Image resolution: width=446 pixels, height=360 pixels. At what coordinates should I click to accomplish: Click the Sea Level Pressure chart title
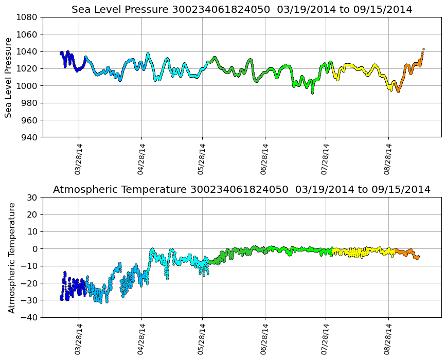pyautogui.click(x=242, y=10)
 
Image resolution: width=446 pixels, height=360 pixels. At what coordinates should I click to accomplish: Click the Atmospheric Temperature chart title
pyautogui.click(x=242, y=190)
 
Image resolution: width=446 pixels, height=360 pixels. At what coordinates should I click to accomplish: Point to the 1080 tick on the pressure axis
pyautogui.click(x=28, y=17)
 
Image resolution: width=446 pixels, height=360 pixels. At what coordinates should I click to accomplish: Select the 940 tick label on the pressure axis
pyautogui.click(x=30, y=137)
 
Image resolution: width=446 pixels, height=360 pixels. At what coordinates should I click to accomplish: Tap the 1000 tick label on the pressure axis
pyautogui.click(x=28, y=86)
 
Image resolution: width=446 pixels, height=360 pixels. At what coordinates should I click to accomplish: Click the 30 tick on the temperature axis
pyautogui.click(x=33, y=197)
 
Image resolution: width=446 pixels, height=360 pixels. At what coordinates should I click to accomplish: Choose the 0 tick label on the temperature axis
pyautogui.click(x=35, y=249)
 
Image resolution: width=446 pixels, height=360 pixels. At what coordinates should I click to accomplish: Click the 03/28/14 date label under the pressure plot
pyautogui.click(x=79, y=159)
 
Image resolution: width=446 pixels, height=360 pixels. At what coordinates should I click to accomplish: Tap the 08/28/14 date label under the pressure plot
pyautogui.click(x=388, y=159)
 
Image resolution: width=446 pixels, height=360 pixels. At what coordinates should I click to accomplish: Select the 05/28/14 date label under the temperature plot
pyautogui.click(x=202, y=339)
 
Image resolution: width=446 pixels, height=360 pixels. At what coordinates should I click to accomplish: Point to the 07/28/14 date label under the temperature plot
pyautogui.click(x=326, y=339)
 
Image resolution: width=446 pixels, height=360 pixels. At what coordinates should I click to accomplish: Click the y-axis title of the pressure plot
pyautogui.click(x=9, y=77)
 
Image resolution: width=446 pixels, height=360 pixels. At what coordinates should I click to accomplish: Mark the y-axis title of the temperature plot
pyautogui.click(x=12, y=257)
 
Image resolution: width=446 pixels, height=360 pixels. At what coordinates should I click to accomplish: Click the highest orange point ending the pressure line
pyautogui.click(x=423, y=49)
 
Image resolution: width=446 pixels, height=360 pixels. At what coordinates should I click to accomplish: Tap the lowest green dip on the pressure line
pyautogui.click(x=312, y=93)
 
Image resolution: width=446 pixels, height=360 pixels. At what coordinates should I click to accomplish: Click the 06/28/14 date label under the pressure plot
pyautogui.click(x=265, y=159)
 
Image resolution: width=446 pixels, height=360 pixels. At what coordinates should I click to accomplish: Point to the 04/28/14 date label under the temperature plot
pyautogui.click(x=141, y=339)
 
